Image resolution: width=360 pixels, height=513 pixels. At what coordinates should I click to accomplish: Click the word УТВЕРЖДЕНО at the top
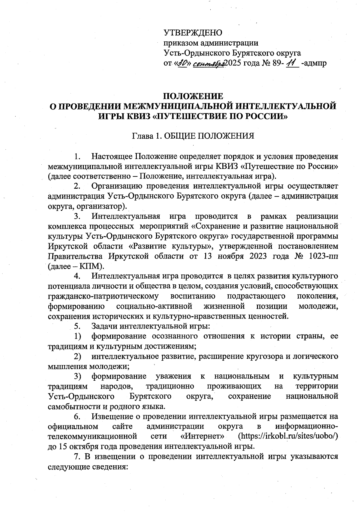coord(193,32)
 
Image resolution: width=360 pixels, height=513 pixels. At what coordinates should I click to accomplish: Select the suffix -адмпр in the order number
coord(314,64)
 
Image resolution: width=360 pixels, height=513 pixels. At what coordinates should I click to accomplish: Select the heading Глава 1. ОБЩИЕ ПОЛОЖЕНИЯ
coord(193,136)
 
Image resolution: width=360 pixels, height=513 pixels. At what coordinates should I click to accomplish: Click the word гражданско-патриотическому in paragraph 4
coord(103,296)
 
